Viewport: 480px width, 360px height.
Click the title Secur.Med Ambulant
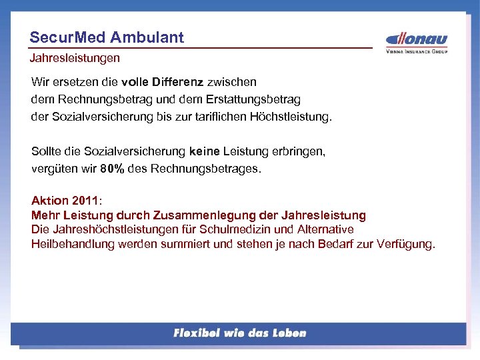click(x=107, y=37)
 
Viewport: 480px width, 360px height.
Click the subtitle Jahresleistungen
click(x=75, y=58)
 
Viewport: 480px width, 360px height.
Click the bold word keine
click(x=203, y=151)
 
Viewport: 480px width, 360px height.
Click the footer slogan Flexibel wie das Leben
click(x=239, y=333)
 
